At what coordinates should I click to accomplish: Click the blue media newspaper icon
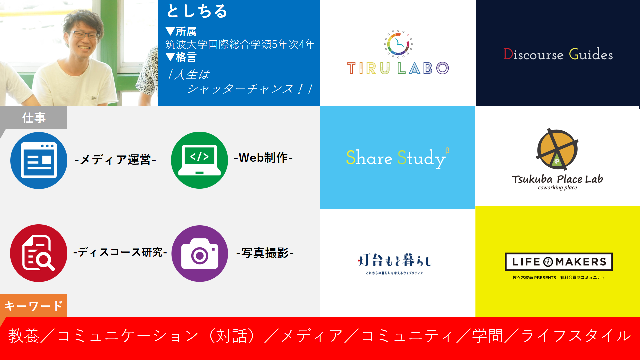tap(39, 160)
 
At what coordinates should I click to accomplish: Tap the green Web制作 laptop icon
tap(199, 160)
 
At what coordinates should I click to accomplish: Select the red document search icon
tap(39, 253)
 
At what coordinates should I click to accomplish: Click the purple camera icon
tap(200, 254)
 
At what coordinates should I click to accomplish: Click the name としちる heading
tap(197, 11)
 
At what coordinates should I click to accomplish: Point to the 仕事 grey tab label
tap(34, 118)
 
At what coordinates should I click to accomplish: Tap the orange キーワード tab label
tap(34, 306)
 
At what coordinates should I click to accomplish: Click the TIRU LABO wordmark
tap(398, 68)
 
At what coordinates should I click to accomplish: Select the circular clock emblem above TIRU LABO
tap(398, 44)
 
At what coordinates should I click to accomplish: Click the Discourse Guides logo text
tap(558, 54)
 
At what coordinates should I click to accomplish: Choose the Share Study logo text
tap(397, 158)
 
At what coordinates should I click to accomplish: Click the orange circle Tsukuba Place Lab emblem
tap(557, 149)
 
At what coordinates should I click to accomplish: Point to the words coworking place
tap(557, 188)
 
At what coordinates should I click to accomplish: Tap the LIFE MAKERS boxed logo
tap(559, 262)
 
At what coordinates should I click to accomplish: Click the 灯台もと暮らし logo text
tap(395, 260)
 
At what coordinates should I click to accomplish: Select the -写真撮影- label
tap(265, 253)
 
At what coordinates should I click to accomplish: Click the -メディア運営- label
tap(115, 160)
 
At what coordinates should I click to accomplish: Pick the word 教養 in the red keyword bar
tap(24, 336)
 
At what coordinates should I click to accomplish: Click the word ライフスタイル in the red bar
tap(576, 336)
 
